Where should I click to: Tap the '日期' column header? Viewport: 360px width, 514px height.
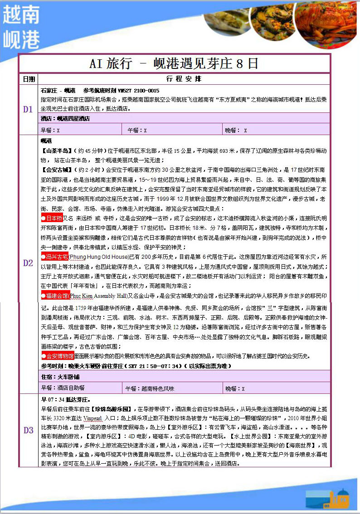[x=29, y=79]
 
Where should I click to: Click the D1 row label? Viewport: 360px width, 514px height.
[x=29, y=109]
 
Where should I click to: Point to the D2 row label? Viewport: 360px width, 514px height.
[x=29, y=263]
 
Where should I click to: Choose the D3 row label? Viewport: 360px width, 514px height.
[x=29, y=430]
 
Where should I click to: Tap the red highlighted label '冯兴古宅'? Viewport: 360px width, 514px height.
[x=54, y=257]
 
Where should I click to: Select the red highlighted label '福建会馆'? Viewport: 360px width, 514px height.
[x=54, y=296]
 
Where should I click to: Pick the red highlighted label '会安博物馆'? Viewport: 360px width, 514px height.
[x=57, y=355]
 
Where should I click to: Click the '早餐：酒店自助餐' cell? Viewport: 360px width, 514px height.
[x=63, y=388]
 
